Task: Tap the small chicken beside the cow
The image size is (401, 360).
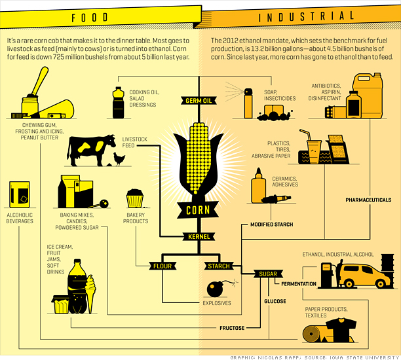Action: tap(118, 158)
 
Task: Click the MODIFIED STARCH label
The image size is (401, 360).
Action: tap(271, 225)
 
